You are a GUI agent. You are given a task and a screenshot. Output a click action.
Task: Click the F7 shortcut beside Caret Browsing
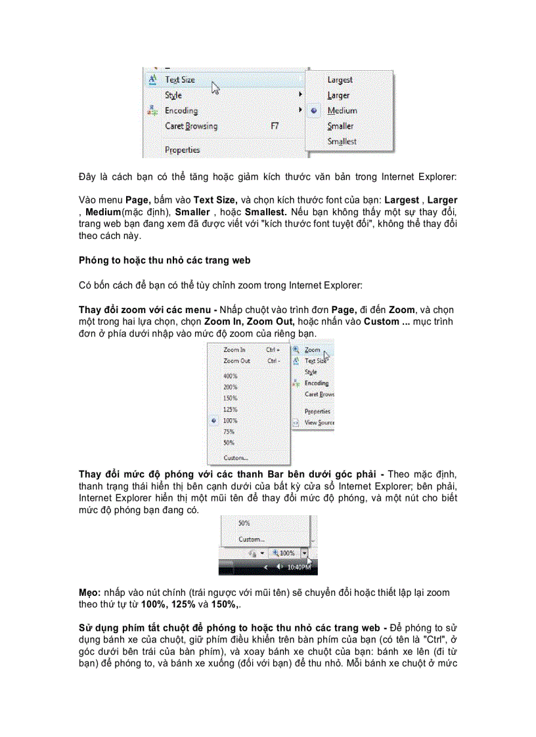pyautogui.click(x=275, y=126)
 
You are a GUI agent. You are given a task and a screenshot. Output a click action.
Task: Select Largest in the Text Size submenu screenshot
pyautogui.click(x=340, y=79)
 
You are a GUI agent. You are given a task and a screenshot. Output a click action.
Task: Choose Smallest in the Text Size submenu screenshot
pyautogui.click(x=342, y=141)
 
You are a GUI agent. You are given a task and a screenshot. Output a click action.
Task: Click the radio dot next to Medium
pyautogui.click(x=315, y=111)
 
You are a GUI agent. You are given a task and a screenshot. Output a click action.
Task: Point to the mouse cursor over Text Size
pyautogui.click(x=215, y=87)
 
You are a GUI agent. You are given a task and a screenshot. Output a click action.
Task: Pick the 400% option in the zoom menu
pyautogui.click(x=231, y=376)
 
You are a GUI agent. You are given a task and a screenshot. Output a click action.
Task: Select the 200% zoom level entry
pyautogui.click(x=231, y=387)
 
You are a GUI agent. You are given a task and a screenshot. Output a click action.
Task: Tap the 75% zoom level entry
pyautogui.click(x=229, y=432)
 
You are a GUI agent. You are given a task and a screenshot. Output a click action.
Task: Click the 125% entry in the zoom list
pyautogui.click(x=231, y=410)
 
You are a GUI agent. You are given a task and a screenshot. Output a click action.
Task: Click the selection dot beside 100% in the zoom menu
pyautogui.click(x=214, y=421)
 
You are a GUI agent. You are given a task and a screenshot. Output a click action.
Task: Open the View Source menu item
pyautogui.click(x=319, y=423)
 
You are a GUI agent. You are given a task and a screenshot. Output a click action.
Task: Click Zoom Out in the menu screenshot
pyautogui.click(x=236, y=361)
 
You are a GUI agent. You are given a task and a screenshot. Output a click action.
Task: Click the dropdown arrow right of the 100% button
pyautogui.click(x=304, y=553)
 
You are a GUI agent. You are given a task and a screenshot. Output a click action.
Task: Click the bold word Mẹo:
pyautogui.click(x=91, y=593)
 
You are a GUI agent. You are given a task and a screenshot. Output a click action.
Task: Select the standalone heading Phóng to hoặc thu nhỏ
pyautogui.click(x=164, y=261)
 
